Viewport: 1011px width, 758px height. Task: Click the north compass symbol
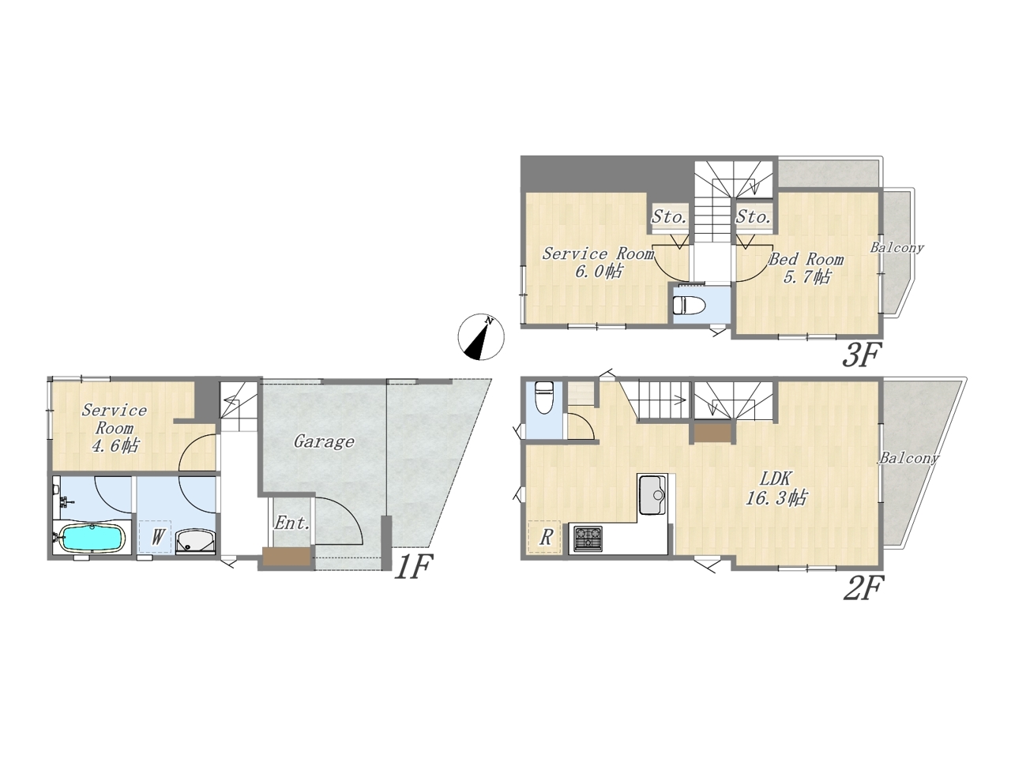coord(481,337)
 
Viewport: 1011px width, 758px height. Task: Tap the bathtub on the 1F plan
coord(92,538)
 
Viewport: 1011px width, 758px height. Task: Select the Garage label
coord(325,442)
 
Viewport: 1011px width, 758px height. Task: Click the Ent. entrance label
coord(291,523)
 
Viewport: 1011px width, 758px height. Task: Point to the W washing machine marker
coord(157,537)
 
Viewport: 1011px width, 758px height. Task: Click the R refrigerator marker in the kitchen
coord(546,537)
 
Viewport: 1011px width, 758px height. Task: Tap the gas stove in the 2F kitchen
coord(588,539)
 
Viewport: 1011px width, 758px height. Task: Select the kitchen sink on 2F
coord(652,496)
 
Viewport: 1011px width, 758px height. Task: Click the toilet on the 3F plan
coord(689,305)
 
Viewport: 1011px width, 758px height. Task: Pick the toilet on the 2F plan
coord(543,398)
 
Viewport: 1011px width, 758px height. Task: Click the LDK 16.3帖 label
coord(776,489)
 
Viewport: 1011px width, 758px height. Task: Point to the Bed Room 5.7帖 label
coord(806,268)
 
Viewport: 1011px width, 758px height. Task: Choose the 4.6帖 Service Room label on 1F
coord(115,428)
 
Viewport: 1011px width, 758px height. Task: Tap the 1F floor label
coord(414,567)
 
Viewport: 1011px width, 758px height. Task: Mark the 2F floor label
coord(863,589)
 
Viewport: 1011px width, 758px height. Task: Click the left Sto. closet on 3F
coord(669,217)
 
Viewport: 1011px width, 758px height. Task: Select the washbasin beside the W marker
coord(196,542)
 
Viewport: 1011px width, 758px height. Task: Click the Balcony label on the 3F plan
coord(896,248)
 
